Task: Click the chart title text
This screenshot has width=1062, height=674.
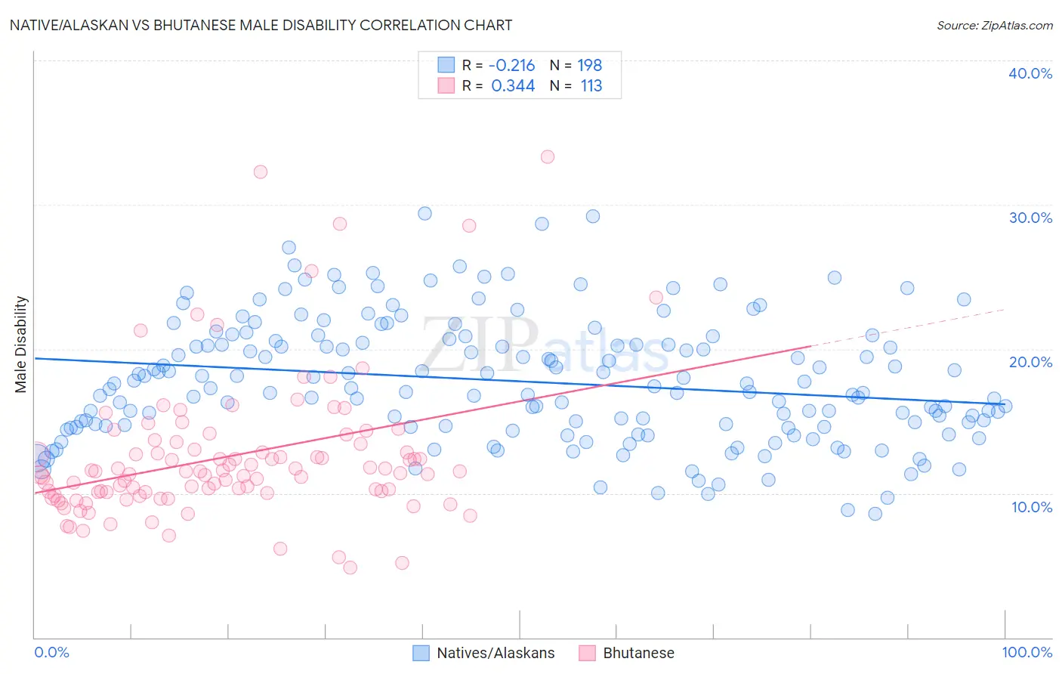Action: (261, 25)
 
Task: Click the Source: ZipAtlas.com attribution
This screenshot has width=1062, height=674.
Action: (994, 25)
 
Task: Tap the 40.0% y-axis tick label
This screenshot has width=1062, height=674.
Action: (1030, 73)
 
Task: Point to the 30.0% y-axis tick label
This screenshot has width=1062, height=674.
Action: (1030, 218)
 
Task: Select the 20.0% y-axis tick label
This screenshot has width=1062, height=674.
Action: (1030, 362)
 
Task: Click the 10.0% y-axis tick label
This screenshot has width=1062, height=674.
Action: (1032, 506)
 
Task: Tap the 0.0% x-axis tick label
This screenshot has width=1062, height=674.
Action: (51, 652)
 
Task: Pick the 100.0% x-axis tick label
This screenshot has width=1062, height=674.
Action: (1027, 652)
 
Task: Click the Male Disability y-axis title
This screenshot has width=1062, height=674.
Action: (21, 344)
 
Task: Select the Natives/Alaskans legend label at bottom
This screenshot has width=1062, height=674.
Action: (495, 653)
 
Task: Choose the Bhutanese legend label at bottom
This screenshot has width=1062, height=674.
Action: (638, 653)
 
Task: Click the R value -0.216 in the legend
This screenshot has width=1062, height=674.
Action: (511, 66)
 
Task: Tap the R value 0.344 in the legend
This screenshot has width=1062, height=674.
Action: (513, 86)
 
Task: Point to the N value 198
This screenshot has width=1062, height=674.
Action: (590, 66)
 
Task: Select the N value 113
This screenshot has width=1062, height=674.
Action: (591, 86)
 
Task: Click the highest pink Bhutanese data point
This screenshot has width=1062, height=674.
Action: (548, 156)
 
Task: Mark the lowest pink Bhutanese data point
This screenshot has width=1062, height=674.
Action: (350, 567)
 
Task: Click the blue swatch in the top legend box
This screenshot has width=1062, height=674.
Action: (446, 66)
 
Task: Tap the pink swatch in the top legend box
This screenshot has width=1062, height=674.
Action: (446, 86)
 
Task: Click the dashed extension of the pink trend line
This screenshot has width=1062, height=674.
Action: (906, 327)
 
